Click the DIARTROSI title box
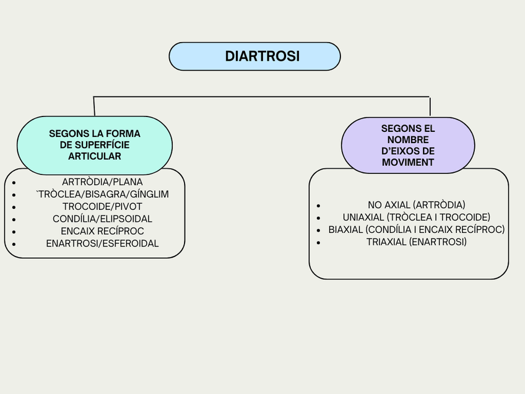coord(254,56)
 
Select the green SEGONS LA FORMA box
coord(94,145)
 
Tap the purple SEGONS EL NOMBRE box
coord(407,145)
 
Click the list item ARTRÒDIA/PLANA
coord(102,182)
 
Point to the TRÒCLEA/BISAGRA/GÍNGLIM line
coord(102,195)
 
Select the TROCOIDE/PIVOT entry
coord(102,207)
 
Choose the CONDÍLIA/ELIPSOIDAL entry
coord(102,219)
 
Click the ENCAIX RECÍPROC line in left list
coord(102,232)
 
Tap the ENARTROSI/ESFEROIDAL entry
coord(102,244)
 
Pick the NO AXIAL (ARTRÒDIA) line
coord(416,205)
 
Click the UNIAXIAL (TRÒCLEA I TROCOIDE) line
coord(416,217)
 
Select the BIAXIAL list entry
coord(416,230)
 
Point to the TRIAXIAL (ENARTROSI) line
coord(416,242)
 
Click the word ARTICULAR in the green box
coord(94,157)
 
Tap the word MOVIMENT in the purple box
coord(407,162)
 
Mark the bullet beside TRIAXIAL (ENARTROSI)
coord(318,242)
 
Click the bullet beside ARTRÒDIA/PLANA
coord(14,183)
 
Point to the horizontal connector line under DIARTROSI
coord(260,97)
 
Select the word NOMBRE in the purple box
coord(407,140)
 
